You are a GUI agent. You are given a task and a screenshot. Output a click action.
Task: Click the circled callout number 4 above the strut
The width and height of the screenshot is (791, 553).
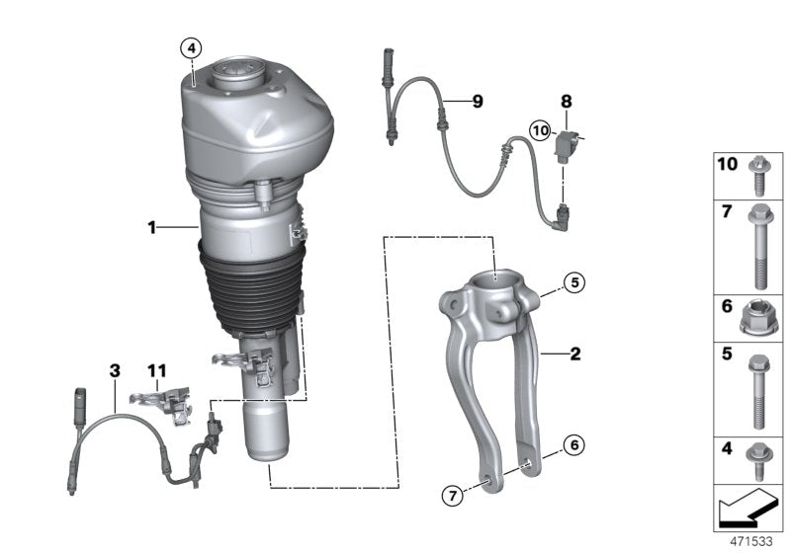(x=190, y=46)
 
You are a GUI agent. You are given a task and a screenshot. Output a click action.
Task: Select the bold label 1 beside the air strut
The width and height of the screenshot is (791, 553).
(x=152, y=228)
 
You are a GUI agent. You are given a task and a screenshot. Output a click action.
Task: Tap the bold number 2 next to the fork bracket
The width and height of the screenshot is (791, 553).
(x=573, y=352)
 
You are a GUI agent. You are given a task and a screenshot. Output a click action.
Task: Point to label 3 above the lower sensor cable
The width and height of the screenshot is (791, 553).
(x=115, y=370)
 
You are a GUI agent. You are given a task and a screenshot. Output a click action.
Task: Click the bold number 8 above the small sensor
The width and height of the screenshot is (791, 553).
(x=567, y=102)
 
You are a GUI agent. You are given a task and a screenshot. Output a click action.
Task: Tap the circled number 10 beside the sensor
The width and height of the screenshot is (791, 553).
(x=539, y=130)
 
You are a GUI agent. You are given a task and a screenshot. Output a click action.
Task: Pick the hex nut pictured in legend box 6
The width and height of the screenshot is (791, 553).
(x=755, y=318)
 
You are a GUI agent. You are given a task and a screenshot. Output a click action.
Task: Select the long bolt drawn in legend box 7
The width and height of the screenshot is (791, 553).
(x=757, y=246)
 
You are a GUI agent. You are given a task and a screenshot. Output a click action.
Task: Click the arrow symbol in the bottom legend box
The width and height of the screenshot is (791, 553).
(x=746, y=510)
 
